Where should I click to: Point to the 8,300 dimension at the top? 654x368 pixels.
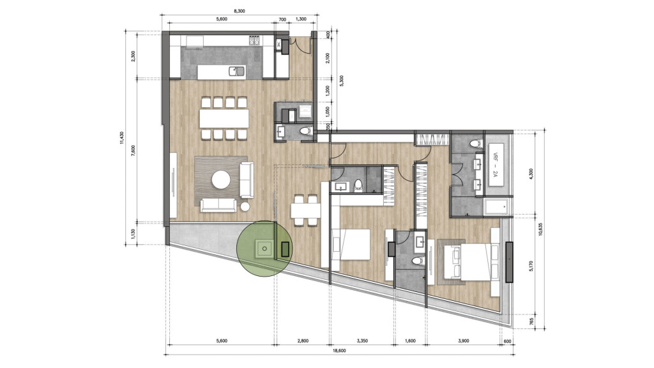[240, 11]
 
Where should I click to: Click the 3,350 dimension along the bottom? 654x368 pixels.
[362, 341]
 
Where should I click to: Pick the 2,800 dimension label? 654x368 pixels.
[302, 341]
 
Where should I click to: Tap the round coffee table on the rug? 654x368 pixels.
[222, 180]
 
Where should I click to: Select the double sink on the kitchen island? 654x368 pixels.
[237, 71]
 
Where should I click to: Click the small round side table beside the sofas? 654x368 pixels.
[245, 206]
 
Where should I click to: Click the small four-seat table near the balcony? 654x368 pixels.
[304, 210]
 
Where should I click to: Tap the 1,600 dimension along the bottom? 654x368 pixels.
[411, 341]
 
